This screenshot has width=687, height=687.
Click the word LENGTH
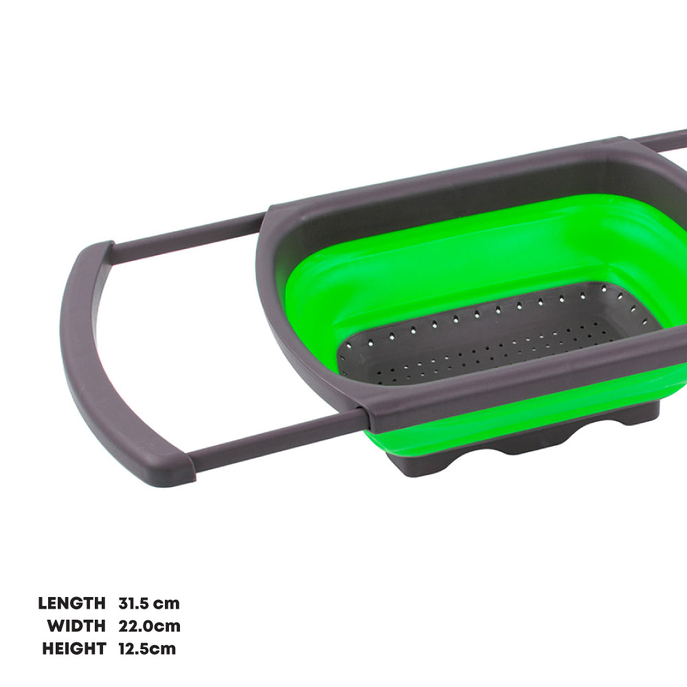[x=72, y=603]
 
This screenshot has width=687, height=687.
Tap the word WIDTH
[x=77, y=626]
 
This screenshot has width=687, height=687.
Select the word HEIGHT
[x=74, y=649]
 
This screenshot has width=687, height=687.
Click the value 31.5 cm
[x=149, y=603]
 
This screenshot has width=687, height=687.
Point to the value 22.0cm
[x=149, y=626]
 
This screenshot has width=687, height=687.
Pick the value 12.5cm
[x=147, y=649]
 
